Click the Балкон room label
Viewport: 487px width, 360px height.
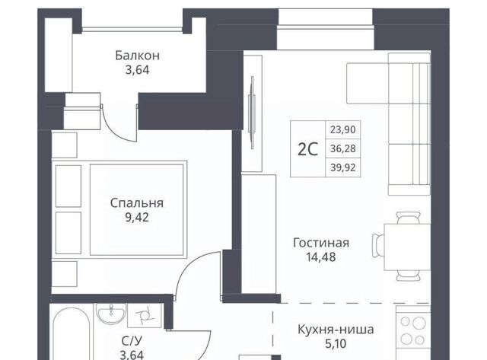[137, 56]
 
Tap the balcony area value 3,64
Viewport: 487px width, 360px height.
[137, 70]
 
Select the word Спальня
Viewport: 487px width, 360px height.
[137, 202]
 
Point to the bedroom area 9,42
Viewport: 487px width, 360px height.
[137, 218]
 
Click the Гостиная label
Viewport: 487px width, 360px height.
[321, 243]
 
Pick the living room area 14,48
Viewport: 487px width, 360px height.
[321, 257]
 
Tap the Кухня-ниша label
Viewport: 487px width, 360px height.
[336, 330]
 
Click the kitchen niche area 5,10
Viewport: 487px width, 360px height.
[336, 344]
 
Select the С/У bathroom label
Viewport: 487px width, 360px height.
[132, 341]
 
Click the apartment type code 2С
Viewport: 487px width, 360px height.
[307, 149]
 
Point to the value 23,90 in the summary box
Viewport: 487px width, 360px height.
[343, 129]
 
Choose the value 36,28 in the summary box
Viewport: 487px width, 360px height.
[343, 148]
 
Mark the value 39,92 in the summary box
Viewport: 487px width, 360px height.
[343, 167]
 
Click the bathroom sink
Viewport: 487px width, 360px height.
[111, 314]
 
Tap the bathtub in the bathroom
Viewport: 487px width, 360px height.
[71, 334]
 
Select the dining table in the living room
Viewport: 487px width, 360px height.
[407, 247]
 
